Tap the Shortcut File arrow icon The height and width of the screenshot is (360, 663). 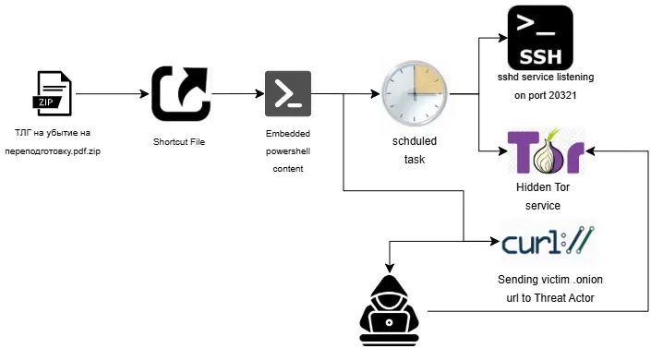(180, 93)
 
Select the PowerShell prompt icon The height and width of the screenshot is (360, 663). (287, 93)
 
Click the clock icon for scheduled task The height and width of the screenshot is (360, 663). (414, 94)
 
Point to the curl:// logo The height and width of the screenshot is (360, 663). (548, 245)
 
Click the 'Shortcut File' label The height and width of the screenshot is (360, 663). (179, 141)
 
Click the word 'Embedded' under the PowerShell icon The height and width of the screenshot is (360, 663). (287, 135)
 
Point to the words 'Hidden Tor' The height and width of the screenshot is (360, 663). (538, 187)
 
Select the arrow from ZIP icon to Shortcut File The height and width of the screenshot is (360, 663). (112, 93)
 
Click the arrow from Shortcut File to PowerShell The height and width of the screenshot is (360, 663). (236, 93)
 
